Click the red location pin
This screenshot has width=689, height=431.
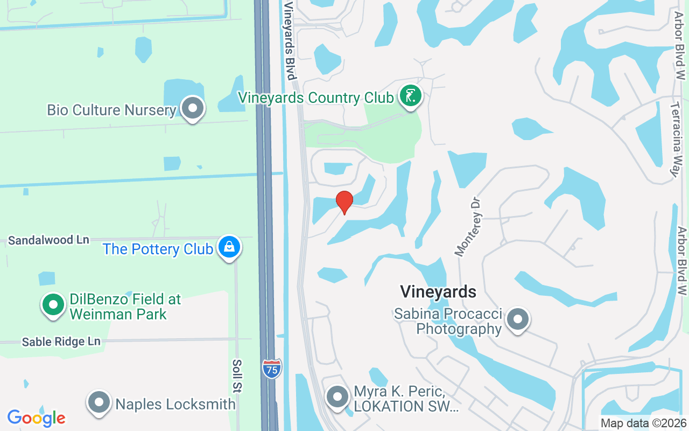pyautogui.click(x=344, y=202)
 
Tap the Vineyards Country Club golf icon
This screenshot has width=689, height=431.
pyautogui.click(x=411, y=97)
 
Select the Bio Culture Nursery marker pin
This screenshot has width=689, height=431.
pyautogui.click(x=192, y=109)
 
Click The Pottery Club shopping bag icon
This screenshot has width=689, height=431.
pyautogui.click(x=229, y=248)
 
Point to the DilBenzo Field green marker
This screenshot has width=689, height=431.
pyautogui.click(x=53, y=305)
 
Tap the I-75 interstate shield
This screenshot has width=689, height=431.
pyautogui.click(x=272, y=369)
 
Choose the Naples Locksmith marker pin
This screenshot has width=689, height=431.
pyautogui.click(x=99, y=402)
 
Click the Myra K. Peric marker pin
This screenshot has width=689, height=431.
pyautogui.click(x=338, y=398)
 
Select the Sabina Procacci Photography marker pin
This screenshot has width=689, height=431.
pyautogui.click(x=518, y=319)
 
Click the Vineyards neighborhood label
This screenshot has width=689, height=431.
pyautogui.click(x=438, y=292)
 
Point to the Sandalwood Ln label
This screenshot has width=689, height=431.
pyautogui.click(x=48, y=240)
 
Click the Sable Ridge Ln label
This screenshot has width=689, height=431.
pyautogui.click(x=61, y=342)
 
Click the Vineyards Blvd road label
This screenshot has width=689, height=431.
pyautogui.click(x=290, y=40)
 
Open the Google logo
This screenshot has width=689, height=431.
pyautogui.click(x=36, y=418)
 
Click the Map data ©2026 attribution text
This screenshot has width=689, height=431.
pyautogui.click(x=644, y=423)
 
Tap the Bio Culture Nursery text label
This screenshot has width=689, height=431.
pyautogui.click(x=111, y=110)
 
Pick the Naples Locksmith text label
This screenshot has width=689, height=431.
pyautogui.click(x=175, y=404)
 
